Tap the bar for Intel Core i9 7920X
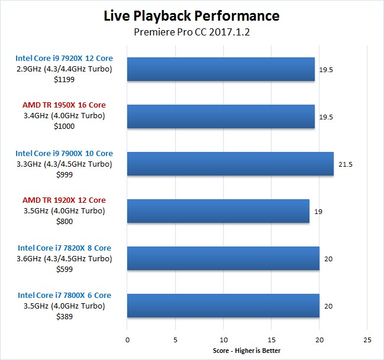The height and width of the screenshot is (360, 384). (x=221, y=69)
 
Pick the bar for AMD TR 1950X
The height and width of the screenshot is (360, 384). (x=221, y=116)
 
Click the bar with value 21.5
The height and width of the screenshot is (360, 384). (x=230, y=164)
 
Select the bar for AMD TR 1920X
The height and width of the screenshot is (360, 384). (x=218, y=211)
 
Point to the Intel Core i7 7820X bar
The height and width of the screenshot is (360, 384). (x=223, y=258)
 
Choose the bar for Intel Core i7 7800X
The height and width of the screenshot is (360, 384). (x=223, y=306)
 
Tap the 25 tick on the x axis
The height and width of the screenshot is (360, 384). (x=367, y=340)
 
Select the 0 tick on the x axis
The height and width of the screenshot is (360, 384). (x=127, y=340)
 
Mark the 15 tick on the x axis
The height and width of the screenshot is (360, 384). (x=271, y=340)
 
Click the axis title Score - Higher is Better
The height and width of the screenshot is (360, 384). (x=247, y=351)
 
